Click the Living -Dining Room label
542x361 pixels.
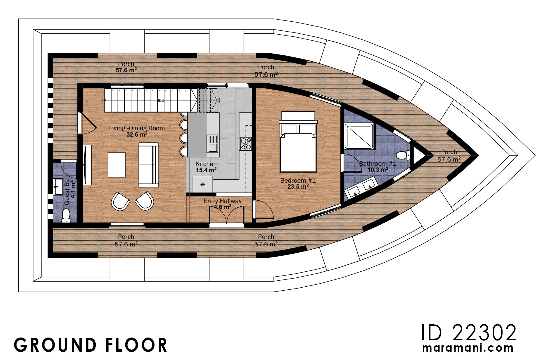(137, 128)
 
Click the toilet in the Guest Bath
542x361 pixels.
(66, 216)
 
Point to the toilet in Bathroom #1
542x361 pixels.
(403, 156)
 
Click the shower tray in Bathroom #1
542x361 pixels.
(359, 136)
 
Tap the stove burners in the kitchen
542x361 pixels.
(245, 143)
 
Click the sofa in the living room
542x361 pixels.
(148, 165)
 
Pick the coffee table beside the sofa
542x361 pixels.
(117, 165)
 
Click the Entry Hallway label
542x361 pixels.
(223, 201)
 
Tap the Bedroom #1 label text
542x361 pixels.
(298, 180)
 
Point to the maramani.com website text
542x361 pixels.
(468, 348)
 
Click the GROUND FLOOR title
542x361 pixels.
(90, 345)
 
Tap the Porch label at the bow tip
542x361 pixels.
(449, 152)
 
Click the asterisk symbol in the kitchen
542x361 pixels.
(203, 184)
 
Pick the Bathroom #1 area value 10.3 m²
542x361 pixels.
(378, 170)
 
